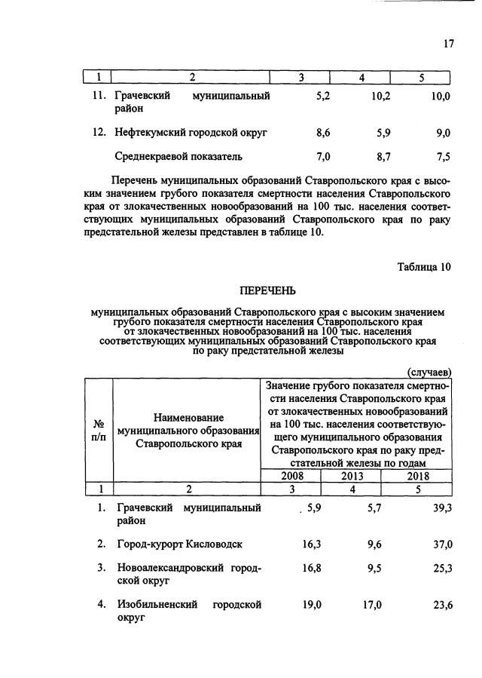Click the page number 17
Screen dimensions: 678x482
pos(448,43)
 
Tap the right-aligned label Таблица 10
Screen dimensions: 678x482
pos(424,266)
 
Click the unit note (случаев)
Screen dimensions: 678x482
pos(429,372)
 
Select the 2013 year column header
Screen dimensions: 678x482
pos(351,476)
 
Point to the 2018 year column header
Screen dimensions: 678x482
pos(416,476)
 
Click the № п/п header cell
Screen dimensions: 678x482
pos(98,430)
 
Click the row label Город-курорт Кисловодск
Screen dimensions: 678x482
pos(179,544)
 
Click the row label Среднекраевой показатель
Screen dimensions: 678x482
pos(178,157)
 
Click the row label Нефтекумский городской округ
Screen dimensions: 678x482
pos(191,133)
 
